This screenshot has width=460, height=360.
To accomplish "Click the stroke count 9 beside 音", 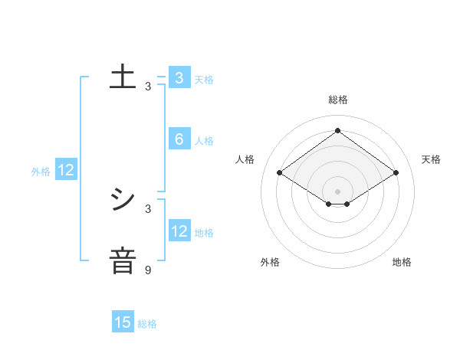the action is point(148,270).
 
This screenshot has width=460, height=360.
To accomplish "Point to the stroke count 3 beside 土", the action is point(148,87).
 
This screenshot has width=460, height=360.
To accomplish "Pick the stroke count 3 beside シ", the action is point(148,208).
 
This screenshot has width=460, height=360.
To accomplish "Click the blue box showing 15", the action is point(123,322).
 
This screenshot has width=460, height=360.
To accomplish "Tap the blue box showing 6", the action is point(179,139).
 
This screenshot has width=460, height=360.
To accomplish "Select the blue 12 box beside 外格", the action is point(66,171).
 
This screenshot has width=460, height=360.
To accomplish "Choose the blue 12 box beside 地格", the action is point(179,231).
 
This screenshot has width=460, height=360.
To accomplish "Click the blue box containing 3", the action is point(179,78).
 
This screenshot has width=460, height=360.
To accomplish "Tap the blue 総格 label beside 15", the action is point(147,324).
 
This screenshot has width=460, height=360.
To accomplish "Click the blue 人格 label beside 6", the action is point(204,141).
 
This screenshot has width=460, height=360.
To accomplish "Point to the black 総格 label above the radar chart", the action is point(337,100).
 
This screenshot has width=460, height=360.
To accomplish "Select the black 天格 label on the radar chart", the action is point(431,159).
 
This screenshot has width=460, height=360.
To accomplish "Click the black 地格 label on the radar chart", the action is point(402,262).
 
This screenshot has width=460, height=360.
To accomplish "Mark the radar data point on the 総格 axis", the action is point(337,130).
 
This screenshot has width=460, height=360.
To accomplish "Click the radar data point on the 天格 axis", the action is point(396,173).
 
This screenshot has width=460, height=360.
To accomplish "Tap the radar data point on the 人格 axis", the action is point(279,173).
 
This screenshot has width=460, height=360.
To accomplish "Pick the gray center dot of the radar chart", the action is point(337,191).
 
